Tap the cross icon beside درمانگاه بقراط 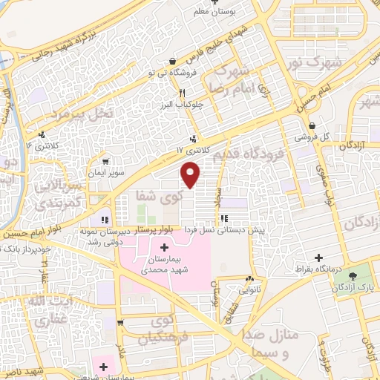point(320,256)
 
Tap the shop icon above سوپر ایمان point(107,161)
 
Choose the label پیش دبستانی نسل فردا point(256,230)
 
